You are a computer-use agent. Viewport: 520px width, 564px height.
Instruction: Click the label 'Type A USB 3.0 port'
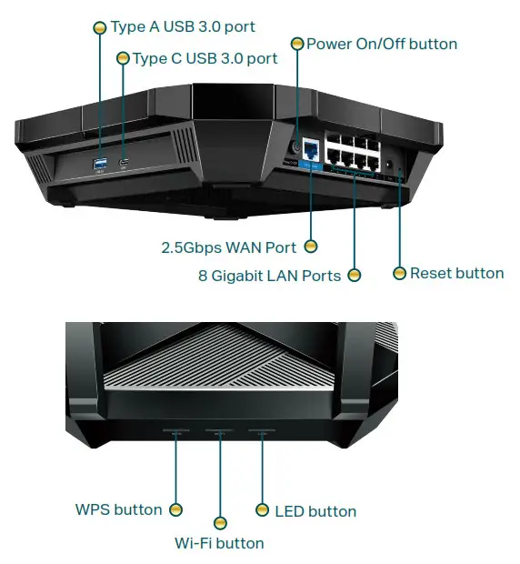pos(182,27)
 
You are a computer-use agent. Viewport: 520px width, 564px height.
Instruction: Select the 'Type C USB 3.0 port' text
pos(205,58)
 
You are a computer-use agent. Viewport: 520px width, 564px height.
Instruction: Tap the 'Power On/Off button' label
pos(381,44)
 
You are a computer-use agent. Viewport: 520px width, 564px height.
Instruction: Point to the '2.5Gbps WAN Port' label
pos(229,247)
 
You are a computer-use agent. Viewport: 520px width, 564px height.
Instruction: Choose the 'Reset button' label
pos(456,273)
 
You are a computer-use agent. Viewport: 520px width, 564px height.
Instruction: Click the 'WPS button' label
pos(118,509)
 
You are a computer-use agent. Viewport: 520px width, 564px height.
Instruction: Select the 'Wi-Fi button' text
pos(219,543)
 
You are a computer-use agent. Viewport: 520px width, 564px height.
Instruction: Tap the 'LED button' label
pos(315,511)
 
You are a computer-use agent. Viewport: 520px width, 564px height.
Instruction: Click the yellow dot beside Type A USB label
pos(100,28)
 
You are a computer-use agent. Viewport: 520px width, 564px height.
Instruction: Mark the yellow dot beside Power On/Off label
pos(296,44)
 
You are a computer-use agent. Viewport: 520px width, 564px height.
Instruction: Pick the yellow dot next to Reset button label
pos(399,273)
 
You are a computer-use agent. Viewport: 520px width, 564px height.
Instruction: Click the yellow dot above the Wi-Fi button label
pos(219,523)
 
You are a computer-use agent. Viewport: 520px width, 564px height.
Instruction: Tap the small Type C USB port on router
pos(125,163)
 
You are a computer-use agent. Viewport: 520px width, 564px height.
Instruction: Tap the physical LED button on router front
pos(262,432)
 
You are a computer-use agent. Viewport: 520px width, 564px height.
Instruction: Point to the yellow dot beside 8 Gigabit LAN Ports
pos(355,276)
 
